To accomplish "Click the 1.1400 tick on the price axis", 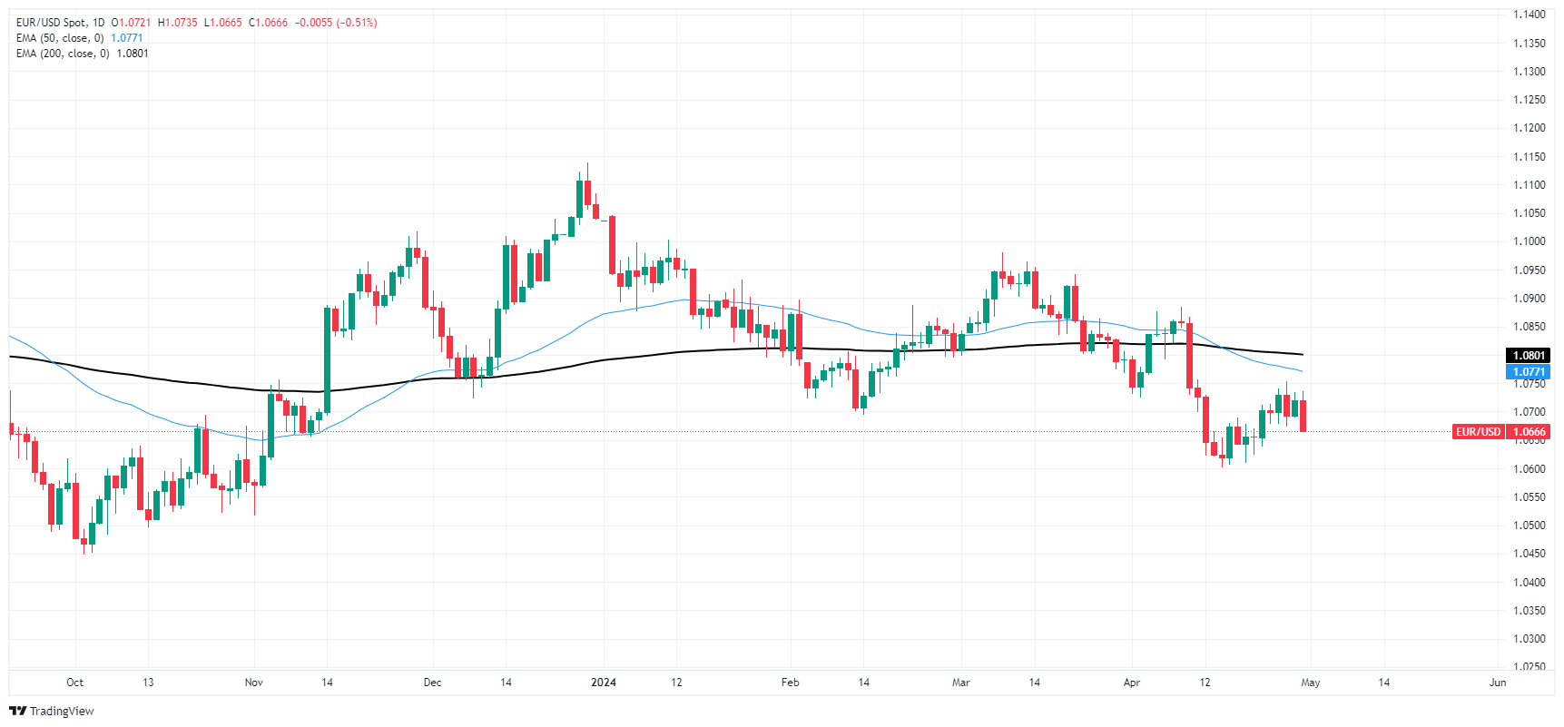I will [x=1529, y=15].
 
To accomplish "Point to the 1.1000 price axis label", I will [x=1529, y=241].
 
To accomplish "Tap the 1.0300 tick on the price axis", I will [x=1529, y=639].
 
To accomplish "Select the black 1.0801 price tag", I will [x=1529, y=356].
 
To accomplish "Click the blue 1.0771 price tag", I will [x=1529, y=372].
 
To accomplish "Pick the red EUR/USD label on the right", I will [x=1478, y=432].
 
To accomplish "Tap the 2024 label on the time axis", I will [x=604, y=683].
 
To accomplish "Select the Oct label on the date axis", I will [x=75, y=683].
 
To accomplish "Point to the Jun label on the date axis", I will [x=1498, y=683].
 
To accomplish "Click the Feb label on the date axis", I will [x=791, y=683].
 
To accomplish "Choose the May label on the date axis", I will [x=1311, y=683].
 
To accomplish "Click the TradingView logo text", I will [x=62, y=711].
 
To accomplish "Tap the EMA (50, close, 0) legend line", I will [x=60, y=38].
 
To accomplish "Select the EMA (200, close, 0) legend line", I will [x=63, y=54].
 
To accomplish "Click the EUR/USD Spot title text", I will [x=54, y=23].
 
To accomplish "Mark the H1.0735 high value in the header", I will [x=178, y=23].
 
